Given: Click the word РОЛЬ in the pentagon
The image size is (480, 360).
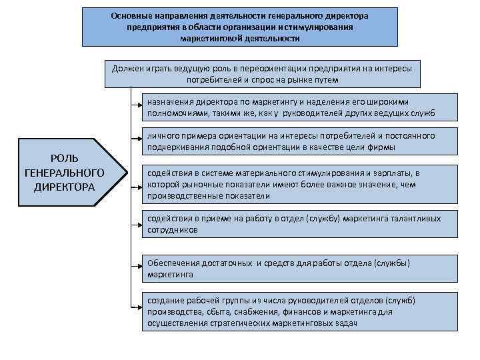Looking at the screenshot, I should pyautogui.click(x=64, y=158).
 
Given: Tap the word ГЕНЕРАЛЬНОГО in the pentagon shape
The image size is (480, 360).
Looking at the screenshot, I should pyautogui.click(x=64, y=172).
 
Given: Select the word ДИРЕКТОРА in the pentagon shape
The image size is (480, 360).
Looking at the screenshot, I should pyautogui.click(x=64, y=186).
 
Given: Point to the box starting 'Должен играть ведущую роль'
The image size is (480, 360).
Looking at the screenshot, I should pyautogui.click(x=263, y=74).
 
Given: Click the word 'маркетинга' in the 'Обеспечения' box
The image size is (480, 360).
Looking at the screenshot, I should pyautogui.click(x=171, y=274).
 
